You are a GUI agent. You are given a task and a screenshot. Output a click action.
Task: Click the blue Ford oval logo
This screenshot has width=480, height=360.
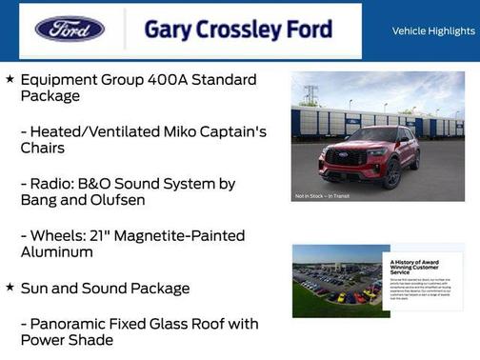[x=70, y=29]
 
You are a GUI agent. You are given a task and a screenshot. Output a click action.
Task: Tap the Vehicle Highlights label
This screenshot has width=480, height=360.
[x=433, y=31]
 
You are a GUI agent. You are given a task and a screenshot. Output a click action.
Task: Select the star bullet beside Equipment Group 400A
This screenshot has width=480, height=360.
[x=10, y=79]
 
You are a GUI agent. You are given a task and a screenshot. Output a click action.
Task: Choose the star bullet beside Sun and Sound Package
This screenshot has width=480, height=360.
[x=10, y=288]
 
